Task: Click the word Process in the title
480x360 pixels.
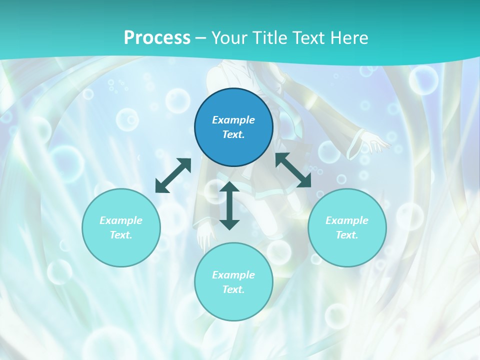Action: point(157,38)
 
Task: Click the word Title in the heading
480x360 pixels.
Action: point(269,38)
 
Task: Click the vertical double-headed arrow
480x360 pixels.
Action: point(229,205)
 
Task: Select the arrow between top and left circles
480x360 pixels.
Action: point(173,175)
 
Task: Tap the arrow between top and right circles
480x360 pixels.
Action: point(293,170)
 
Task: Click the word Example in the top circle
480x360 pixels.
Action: point(233,120)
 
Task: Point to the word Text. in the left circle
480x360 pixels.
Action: point(121,235)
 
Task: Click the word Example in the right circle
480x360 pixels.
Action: point(347,220)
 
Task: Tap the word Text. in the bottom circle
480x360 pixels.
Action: point(233,289)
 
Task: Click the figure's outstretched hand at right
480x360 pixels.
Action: point(377,142)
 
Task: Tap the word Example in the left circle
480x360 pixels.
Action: point(121,220)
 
